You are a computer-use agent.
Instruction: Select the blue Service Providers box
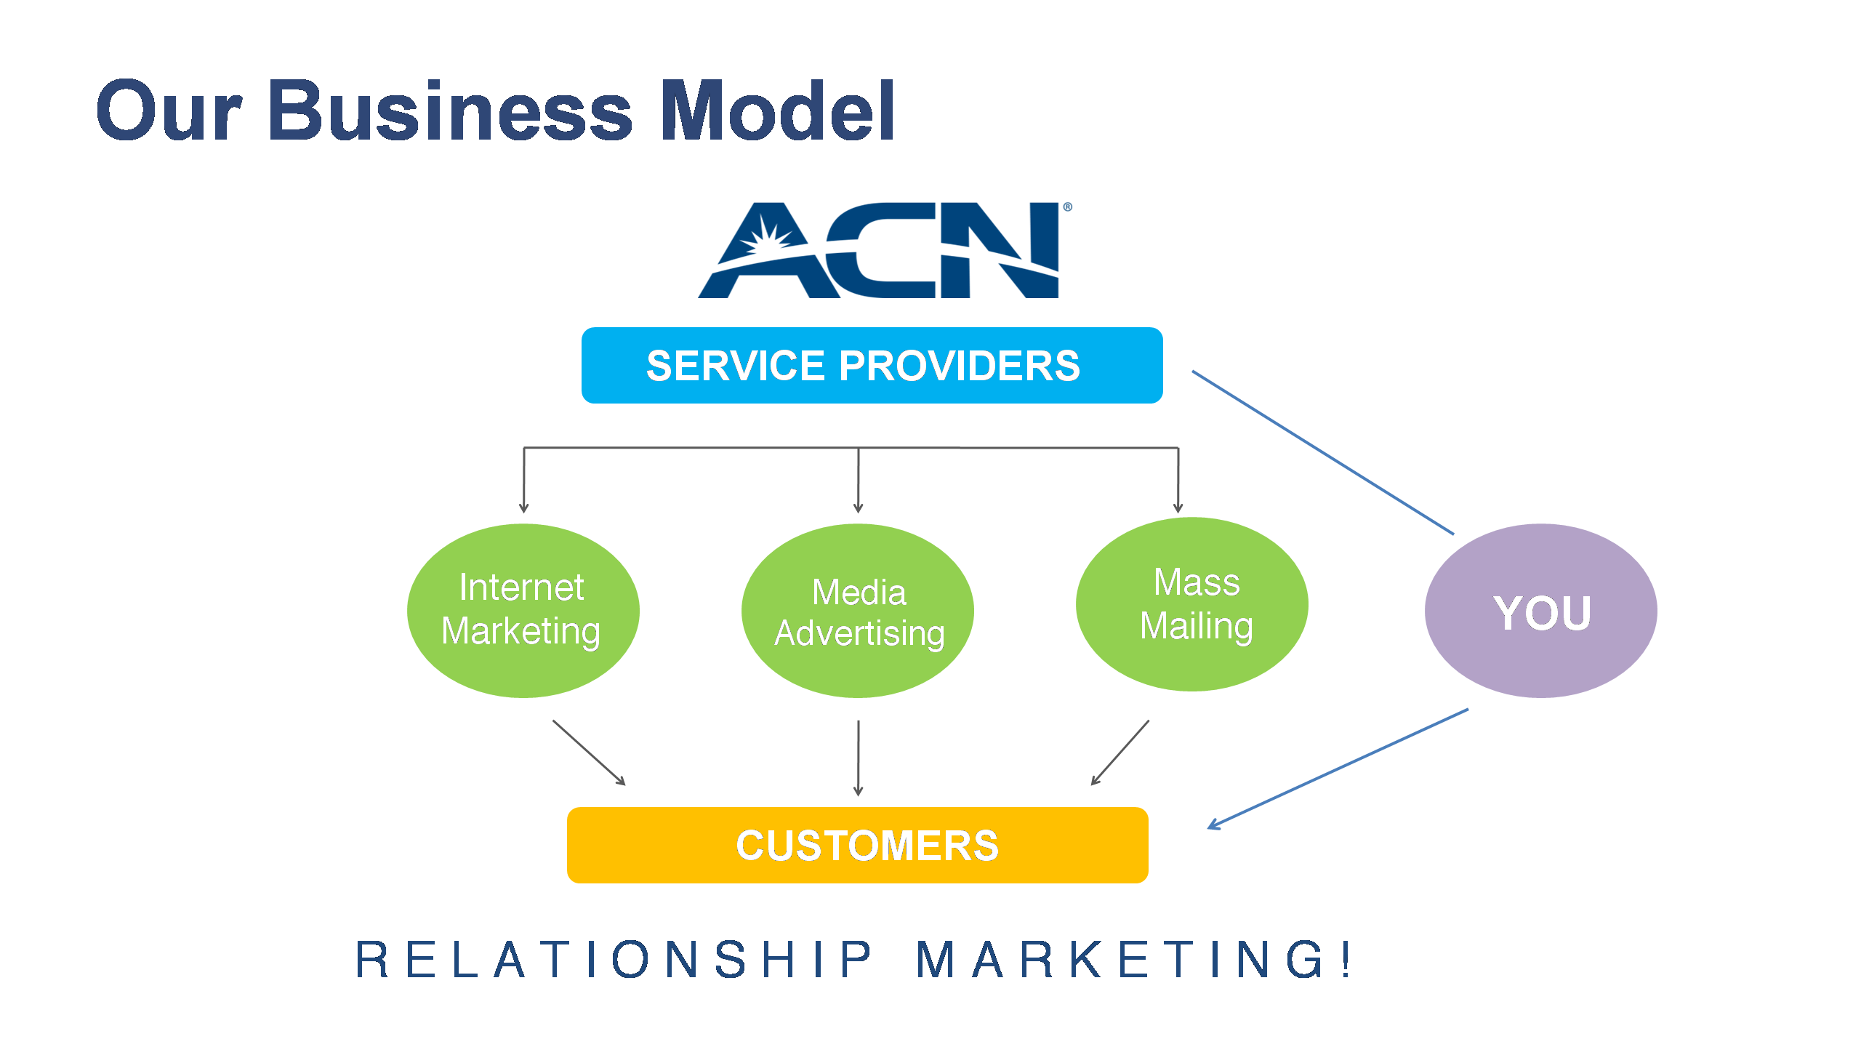coord(872,365)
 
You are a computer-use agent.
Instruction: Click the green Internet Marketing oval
coord(523,610)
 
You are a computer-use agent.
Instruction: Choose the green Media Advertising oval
coord(858,611)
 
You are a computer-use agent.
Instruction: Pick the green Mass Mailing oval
coord(1192,603)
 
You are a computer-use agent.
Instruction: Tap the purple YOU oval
coord(1541,611)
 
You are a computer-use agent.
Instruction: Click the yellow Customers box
coord(857,845)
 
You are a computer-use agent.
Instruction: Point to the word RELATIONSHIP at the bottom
coord(614,959)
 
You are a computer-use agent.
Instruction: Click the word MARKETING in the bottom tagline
coord(1120,959)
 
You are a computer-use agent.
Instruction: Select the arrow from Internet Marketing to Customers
coord(589,753)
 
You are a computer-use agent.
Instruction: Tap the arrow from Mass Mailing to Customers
coord(1120,753)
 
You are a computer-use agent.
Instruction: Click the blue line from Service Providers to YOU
coord(1323,452)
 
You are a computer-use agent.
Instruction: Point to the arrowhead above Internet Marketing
coord(523,508)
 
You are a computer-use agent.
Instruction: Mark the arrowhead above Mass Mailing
coord(1178,508)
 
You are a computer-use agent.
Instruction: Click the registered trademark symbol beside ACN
coord(1068,207)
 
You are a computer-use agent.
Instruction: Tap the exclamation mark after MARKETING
coord(1346,959)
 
